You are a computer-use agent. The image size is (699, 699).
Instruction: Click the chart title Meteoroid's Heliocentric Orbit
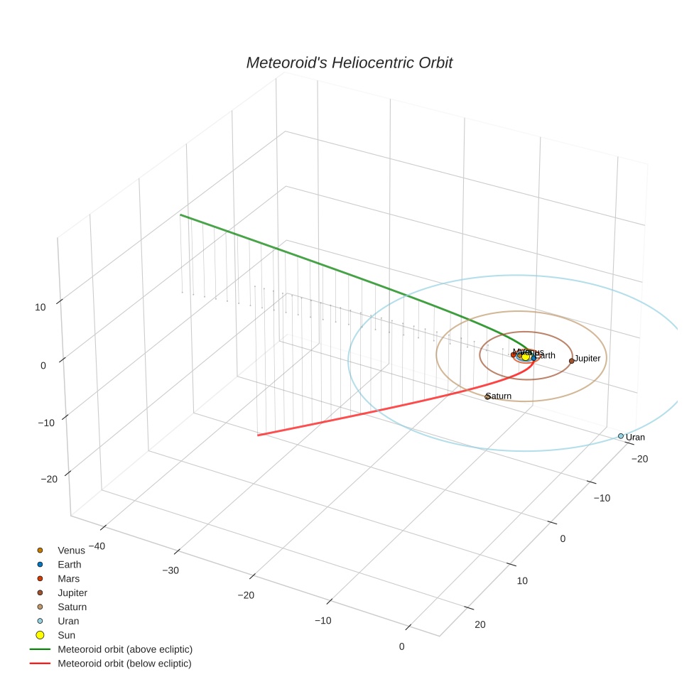pyautogui.click(x=349, y=63)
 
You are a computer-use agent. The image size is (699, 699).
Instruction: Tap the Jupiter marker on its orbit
pyautogui.click(x=571, y=361)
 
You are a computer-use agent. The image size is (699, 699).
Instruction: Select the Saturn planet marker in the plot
pyautogui.click(x=487, y=397)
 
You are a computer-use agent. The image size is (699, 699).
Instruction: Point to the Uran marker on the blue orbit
pyautogui.click(x=621, y=436)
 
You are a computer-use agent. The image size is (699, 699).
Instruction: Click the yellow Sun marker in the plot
pyautogui.click(x=526, y=356)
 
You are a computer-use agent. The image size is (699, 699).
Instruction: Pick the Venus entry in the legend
pyautogui.click(x=71, y=551)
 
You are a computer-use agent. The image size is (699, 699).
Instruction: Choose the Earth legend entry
pyautogui.click(x=70, y=565)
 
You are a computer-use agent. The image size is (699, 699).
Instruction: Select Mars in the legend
pyautogui.click(x=68, y=579)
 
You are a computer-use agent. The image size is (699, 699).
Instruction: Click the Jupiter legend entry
pyautogui.click(x=72, y=593)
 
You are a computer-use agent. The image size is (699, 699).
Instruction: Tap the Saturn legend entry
pyautogui.click(x=72, y=607)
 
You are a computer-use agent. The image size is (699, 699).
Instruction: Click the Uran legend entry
pyautogui.click(x=68, y=622)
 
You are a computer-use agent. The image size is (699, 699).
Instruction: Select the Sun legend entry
pyautogui.click(x=66, y=636)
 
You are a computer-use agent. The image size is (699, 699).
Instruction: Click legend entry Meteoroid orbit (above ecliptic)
pyautogui.click(x=125, y=650)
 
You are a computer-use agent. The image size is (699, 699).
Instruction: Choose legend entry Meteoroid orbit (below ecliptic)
pyautogui.click(x=125, y=664)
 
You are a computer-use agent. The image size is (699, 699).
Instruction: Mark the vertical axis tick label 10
pyautogui.click(x=40, y=308)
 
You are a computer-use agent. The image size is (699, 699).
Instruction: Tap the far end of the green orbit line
pyautogui.click(x=180, y=215)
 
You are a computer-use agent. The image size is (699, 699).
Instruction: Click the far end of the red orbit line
pyautogui.click(x=258, y=435)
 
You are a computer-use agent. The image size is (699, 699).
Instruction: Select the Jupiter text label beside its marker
pyautogui.click(x=587, y=359)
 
